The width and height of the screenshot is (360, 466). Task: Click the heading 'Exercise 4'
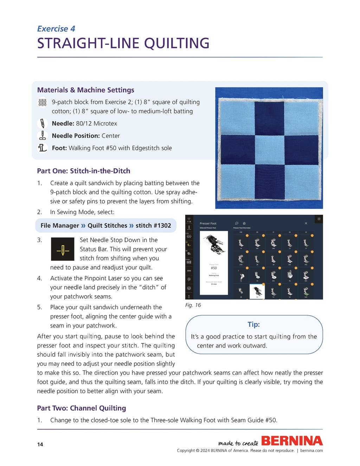[56, 29]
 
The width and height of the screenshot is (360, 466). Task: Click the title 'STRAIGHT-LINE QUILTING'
[123, 44]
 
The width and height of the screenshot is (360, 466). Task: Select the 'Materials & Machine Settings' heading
[85, 90]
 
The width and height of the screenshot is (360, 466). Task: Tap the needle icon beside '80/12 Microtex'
[42, 123]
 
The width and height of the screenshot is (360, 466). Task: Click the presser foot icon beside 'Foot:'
[42, 148]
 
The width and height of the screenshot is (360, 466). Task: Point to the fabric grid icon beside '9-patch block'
[42, 102]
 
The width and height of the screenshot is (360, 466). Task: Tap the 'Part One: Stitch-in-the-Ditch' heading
[83, 171]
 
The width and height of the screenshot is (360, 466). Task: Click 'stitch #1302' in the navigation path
[153, 226]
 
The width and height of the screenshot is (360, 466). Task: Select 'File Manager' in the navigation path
[59, 226]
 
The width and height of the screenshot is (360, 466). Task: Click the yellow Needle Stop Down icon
[63, 249]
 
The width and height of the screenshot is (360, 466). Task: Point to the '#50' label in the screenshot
[214, 268]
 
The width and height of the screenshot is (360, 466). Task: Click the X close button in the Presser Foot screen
[306, 224]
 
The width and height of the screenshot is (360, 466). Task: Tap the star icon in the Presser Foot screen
[244, 224]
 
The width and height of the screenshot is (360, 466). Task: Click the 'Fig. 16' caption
[193, 305]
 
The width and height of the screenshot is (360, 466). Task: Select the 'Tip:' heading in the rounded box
[253, 324]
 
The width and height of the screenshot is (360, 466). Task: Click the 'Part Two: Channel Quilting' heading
[81, 408]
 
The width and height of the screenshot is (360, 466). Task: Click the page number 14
[40, 445]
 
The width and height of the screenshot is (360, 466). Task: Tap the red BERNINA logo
[292, 441]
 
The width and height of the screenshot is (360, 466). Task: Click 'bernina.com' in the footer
[311, 451]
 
